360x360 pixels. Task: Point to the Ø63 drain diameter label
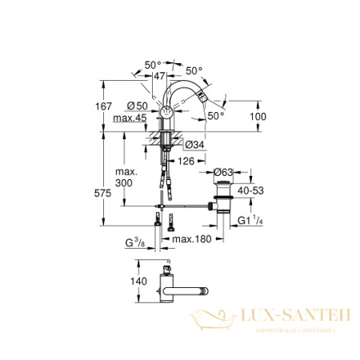click(x=222, y=170)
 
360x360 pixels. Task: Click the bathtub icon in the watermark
click(x=210, y=321)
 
